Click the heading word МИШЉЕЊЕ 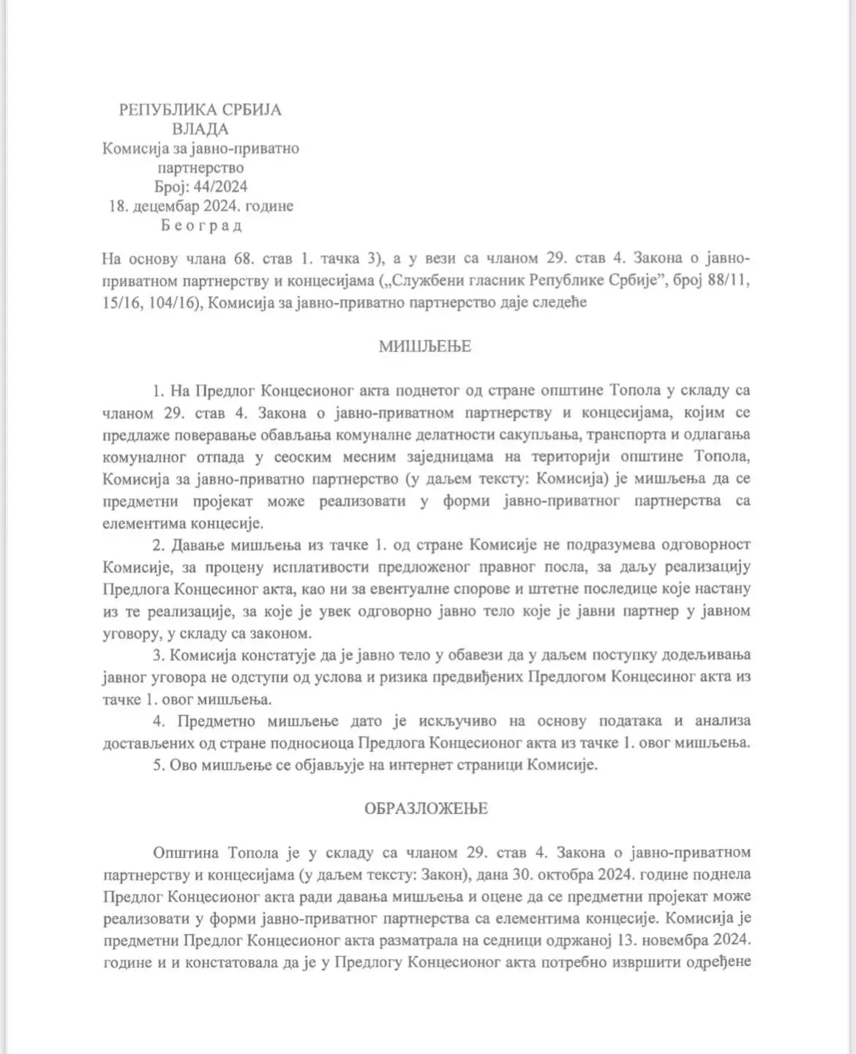click(424, 346)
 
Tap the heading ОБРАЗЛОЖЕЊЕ click(426, 808)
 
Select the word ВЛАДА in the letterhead click(200, 130)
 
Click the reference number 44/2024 click(220, 187)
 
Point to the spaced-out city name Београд click(201, 225)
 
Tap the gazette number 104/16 click(173, 302)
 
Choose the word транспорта click(604, 435)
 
